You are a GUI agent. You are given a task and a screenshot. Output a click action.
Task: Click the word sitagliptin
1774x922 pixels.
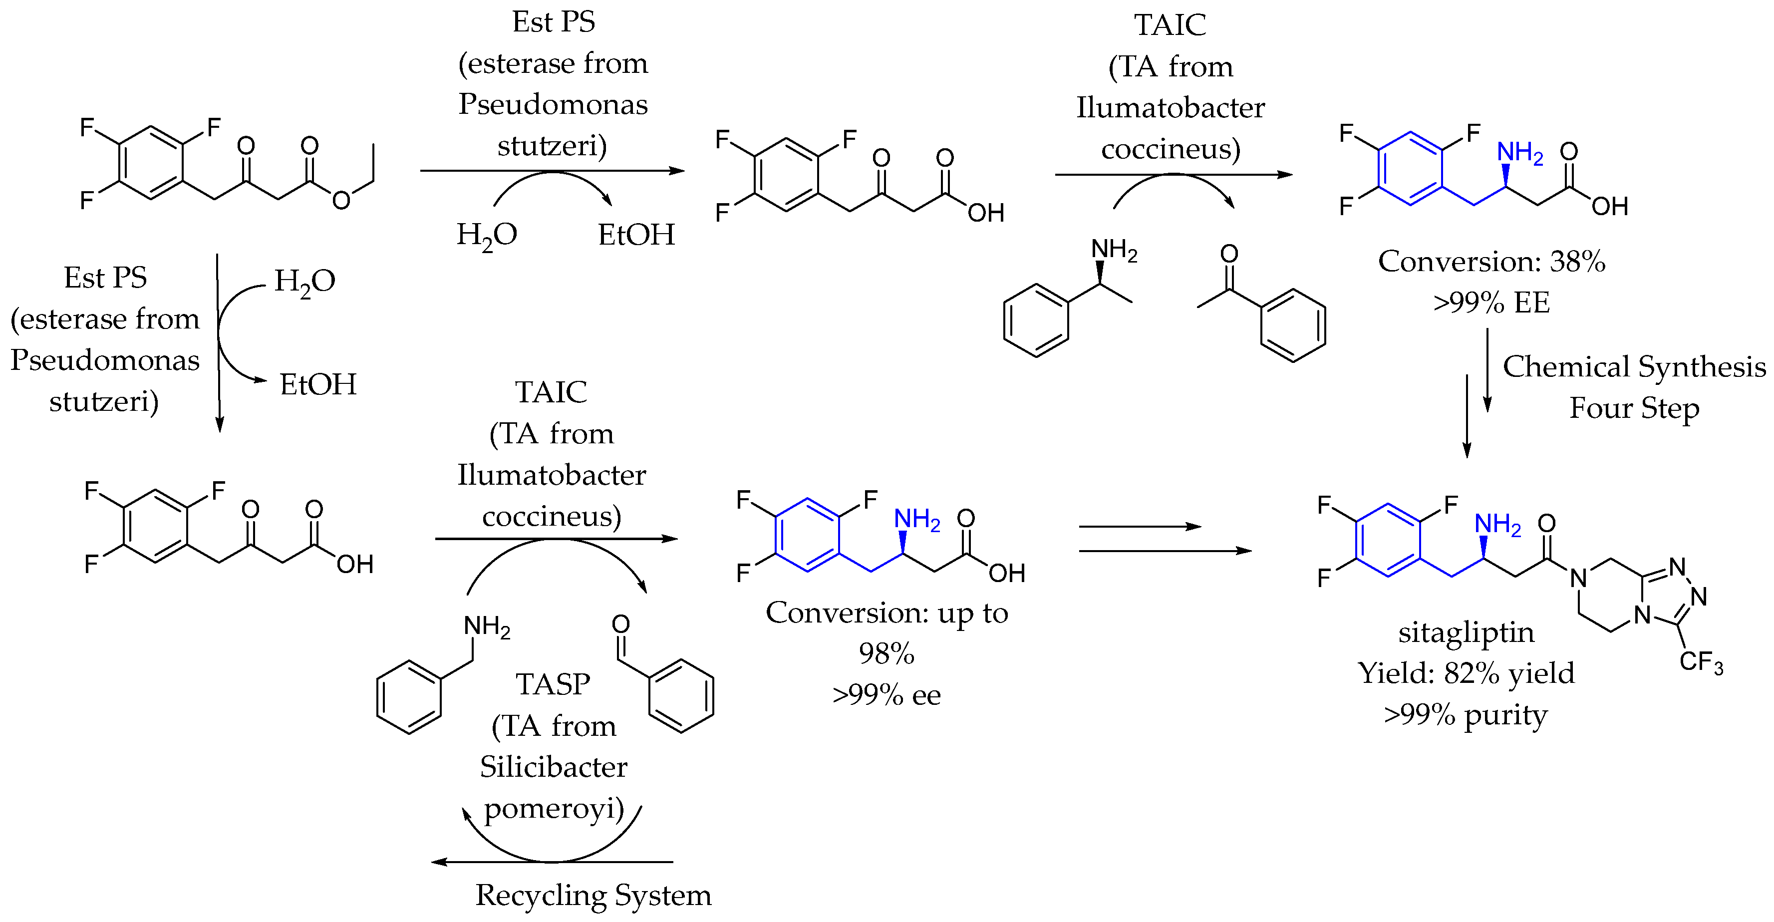1466,632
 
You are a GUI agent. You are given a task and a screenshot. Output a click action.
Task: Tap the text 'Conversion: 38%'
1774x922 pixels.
1491,262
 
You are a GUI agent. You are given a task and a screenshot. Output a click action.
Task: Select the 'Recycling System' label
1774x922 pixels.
593,895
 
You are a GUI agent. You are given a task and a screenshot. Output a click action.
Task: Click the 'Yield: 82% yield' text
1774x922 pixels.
1466,673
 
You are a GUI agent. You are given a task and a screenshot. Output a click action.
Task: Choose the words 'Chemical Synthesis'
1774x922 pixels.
1634,367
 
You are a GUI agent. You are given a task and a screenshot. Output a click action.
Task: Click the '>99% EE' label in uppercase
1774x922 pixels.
1491,303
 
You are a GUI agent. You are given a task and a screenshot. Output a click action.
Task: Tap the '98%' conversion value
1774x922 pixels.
887,653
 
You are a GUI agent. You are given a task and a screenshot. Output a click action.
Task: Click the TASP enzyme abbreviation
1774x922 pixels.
553,684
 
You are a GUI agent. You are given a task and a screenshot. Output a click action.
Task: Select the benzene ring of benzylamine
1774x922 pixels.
409,697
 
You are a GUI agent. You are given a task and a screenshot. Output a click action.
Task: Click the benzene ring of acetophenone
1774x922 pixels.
1293,325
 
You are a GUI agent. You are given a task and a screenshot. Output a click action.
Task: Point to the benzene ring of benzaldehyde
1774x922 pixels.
681,695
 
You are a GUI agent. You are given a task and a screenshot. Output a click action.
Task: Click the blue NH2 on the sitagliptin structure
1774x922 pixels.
1497,525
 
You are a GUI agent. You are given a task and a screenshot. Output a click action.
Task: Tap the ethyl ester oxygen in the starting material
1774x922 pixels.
341,200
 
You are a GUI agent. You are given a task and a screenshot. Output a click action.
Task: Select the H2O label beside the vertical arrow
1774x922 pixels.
304,282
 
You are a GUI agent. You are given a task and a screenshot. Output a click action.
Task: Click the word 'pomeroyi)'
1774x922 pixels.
554,808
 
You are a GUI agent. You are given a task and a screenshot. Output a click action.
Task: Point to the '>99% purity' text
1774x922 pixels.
1466,715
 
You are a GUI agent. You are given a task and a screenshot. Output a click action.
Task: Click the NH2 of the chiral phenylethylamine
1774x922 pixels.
1114,250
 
